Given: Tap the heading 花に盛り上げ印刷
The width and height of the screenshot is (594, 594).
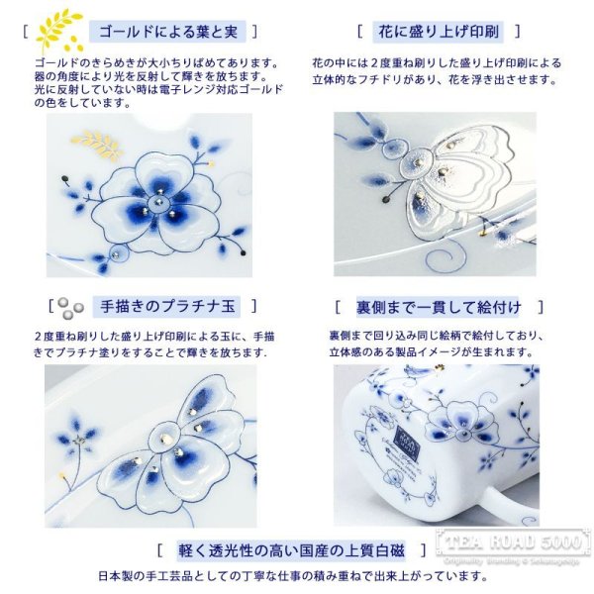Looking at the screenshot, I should coord(437,33).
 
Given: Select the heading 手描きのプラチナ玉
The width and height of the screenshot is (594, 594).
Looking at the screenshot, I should coord(164,307).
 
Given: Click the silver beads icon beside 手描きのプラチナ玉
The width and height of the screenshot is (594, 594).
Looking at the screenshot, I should coord(66,308).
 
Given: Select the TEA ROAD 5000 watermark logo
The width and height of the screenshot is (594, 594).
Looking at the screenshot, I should coord(513,544).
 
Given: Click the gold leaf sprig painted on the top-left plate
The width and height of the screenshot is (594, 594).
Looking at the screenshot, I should coord(99,146).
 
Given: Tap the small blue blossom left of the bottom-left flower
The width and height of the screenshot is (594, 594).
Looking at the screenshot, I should coord(78,433).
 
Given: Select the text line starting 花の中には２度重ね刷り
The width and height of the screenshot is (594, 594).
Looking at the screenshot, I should coord(436,62).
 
